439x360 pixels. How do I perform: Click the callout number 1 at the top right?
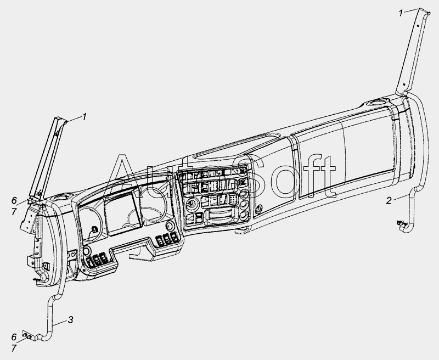pos(401,12)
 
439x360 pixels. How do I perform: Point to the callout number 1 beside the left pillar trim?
pos(85,116)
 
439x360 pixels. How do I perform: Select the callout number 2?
pos(389,200)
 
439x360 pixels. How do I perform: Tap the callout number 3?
pos(71,319)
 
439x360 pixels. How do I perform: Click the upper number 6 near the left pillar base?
pos(14,200)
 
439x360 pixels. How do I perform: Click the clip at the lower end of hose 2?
pos(399,223)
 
